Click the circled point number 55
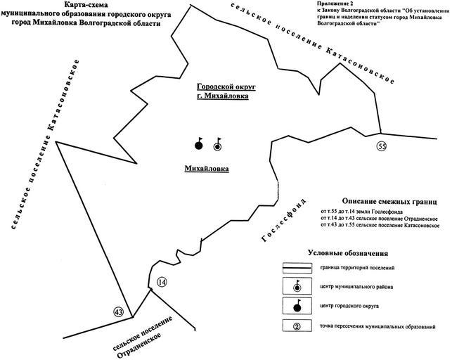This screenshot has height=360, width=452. coord(382,146)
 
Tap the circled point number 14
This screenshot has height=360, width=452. coord(162,283)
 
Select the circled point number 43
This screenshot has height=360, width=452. coord(118,311)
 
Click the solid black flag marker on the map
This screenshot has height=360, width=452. coord(199,145)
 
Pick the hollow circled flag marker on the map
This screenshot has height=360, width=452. coord(217,145)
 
